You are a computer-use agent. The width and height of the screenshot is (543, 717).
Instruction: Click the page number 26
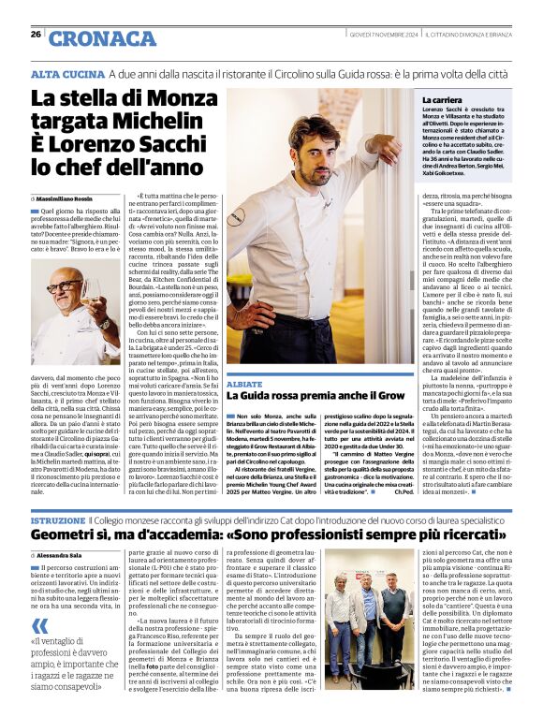click(x=36, y=35)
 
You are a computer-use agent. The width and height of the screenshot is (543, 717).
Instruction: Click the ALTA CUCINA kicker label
click(x=66, y=74)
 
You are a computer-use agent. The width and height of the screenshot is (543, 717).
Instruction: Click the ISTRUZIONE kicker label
click(x=58, y=519)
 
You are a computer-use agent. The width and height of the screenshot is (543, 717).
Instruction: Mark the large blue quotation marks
click(x=38, y=626)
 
